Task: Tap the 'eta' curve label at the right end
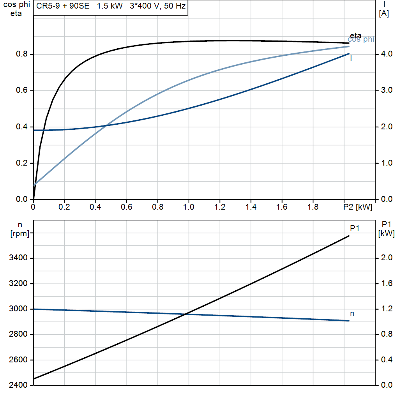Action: (x=355, y=36)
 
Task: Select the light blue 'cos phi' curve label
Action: (x=361, y=39)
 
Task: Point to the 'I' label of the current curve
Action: (x=351, y=58)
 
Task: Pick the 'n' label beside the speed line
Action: (x=352, y=313)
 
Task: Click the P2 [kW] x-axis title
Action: (x=358, y=207)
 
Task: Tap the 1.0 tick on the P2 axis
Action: (x=189, y=207)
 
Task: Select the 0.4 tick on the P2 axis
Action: (x=95, y=207)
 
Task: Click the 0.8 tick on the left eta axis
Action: (x=23, y=54)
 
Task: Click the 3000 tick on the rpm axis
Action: (x=19, y=309)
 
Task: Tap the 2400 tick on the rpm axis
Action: (x=19, y=385)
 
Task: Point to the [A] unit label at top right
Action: (x=384, y=14)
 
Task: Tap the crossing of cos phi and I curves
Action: (x=106, y=125)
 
